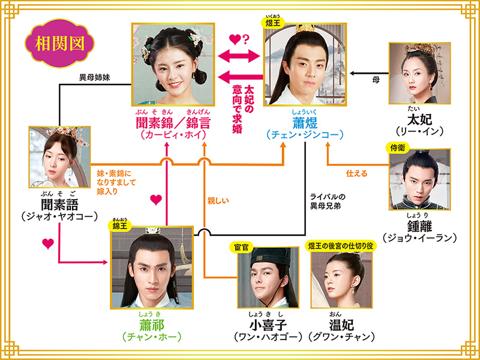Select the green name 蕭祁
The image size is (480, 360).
151,325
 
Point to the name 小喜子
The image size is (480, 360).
262,325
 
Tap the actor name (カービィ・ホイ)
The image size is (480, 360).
174,136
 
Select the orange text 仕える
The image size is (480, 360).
357,173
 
